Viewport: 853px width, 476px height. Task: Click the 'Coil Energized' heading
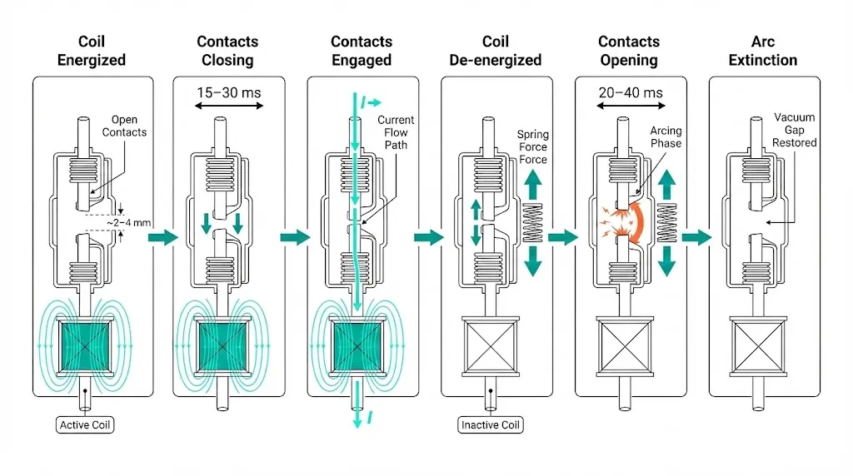[x=92, y=50]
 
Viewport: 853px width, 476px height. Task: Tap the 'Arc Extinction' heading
[x=763, y=50]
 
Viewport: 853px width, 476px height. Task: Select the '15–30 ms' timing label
[x=228, y=92]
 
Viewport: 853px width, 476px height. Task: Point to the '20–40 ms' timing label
[x=631, y=92]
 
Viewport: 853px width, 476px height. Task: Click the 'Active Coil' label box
[x=86, y=425]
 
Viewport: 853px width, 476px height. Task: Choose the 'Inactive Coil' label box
[x=491, y=425]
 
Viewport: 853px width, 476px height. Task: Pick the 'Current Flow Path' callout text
[x=396, y=132]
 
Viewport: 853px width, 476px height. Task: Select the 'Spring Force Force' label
[x=533, y=146]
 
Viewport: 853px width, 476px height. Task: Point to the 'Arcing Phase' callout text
[x=666, y=136]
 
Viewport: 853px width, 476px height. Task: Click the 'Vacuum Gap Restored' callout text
[x=795, y=130]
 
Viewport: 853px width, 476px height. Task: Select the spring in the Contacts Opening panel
[x=666, y=223]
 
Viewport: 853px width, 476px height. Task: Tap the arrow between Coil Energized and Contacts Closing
[x=162, y=238]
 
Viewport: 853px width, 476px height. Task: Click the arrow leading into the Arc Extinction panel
[x=696, y=238]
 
